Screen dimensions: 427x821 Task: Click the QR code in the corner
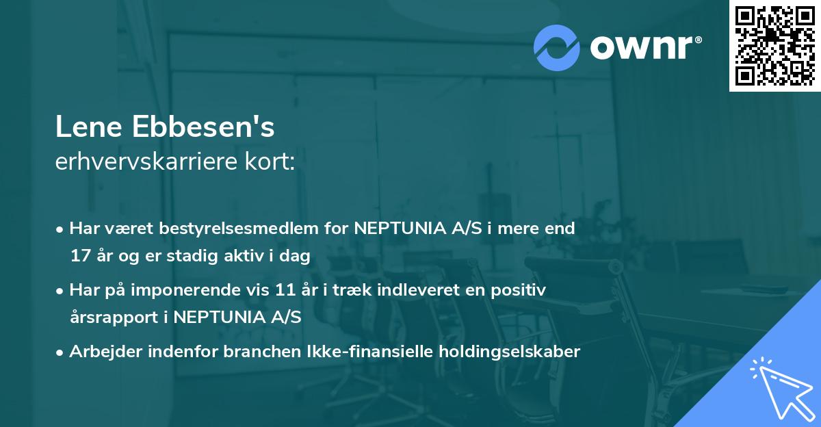click(x=775, y=45)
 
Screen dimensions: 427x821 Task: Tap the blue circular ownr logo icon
click(x=556, y=48)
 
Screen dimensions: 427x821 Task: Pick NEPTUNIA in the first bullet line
click(x=394, y=228)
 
